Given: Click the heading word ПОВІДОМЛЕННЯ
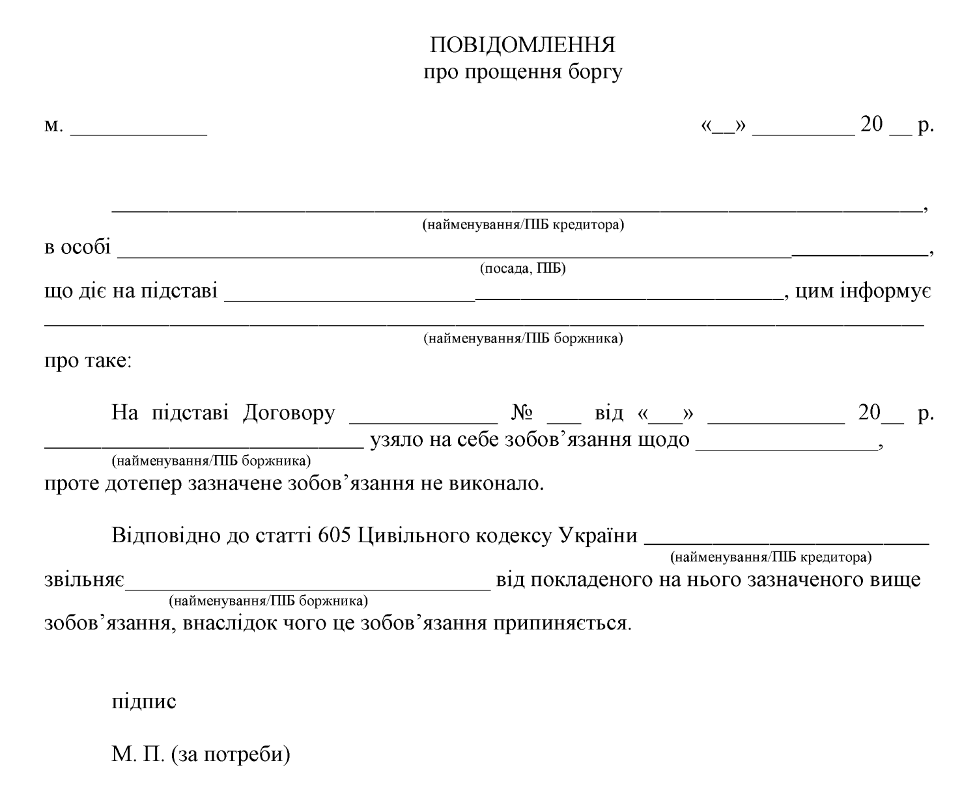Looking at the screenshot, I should click(523, 45).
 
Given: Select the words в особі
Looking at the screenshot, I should click(77, 249).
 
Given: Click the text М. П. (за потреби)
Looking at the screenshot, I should click(200, 757).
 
